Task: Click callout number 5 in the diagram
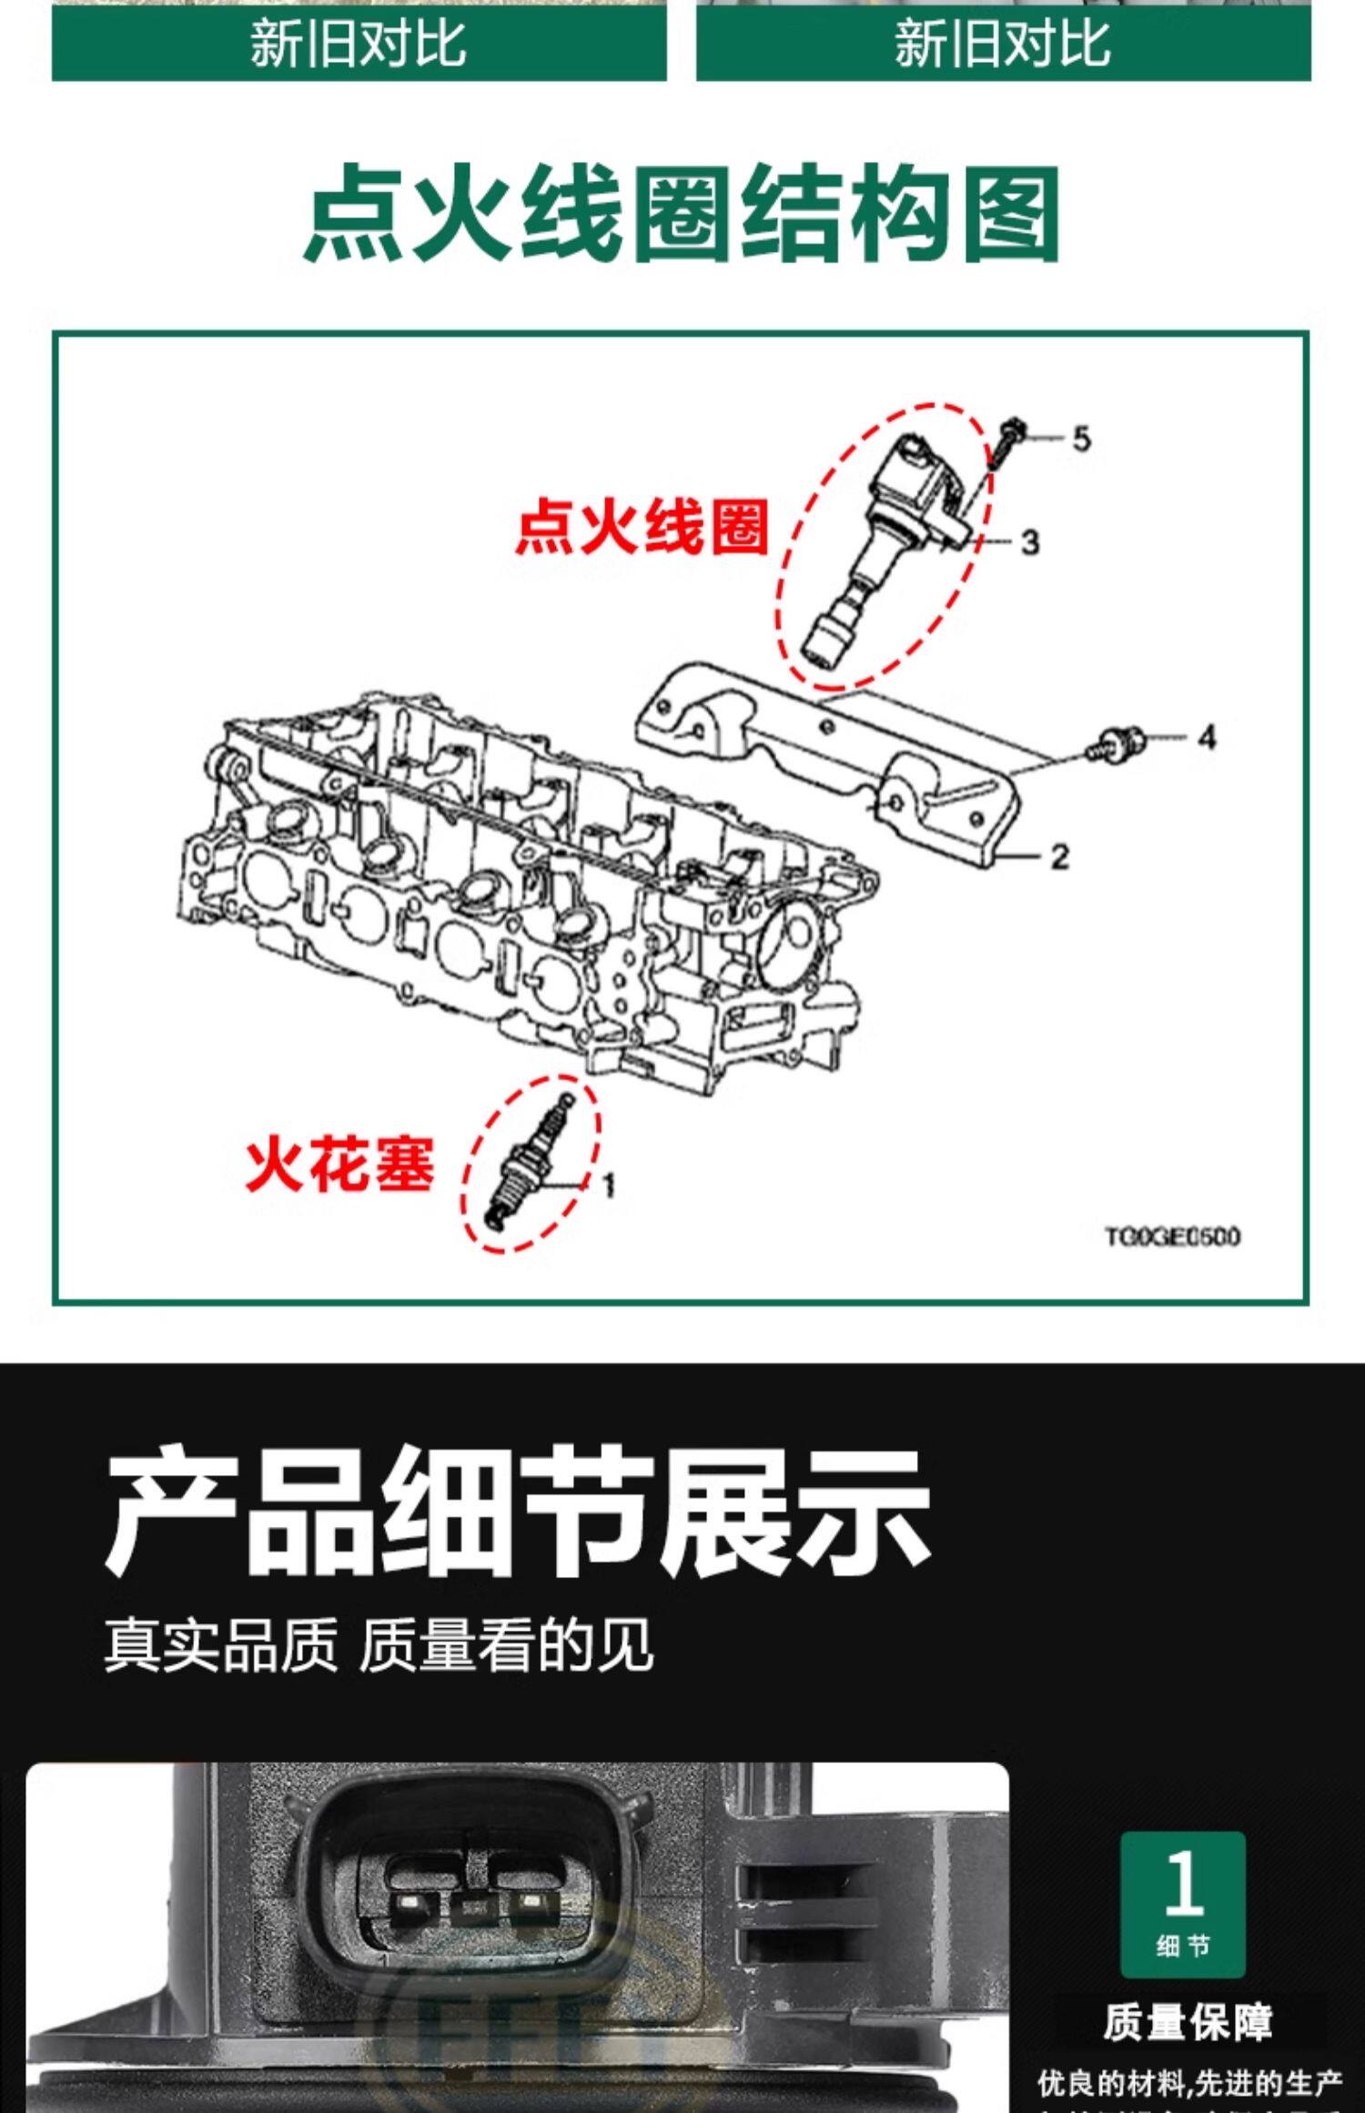1081,439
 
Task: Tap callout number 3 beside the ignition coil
1029,542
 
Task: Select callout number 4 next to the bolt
1206,736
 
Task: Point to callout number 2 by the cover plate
1058,856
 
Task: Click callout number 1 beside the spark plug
609,1184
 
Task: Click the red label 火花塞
340,1164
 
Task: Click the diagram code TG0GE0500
1172,1237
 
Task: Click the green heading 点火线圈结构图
681,213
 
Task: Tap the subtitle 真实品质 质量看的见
379,1645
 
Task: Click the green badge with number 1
1182,1905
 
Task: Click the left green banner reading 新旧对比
359,44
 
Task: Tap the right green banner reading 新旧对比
1003,44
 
